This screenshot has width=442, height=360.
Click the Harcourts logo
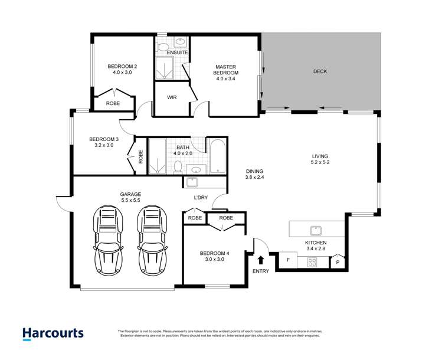(x=53, y=333)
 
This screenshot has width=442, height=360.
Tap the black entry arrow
(x=261, y=259)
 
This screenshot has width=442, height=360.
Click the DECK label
(x=320, y=72)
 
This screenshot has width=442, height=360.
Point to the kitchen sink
(x=315, y=230)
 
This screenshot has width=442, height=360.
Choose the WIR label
(x=172, y=97)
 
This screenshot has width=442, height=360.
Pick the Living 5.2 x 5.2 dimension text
(x=320, y=162)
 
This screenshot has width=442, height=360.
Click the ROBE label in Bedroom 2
(x=113, y=103)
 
